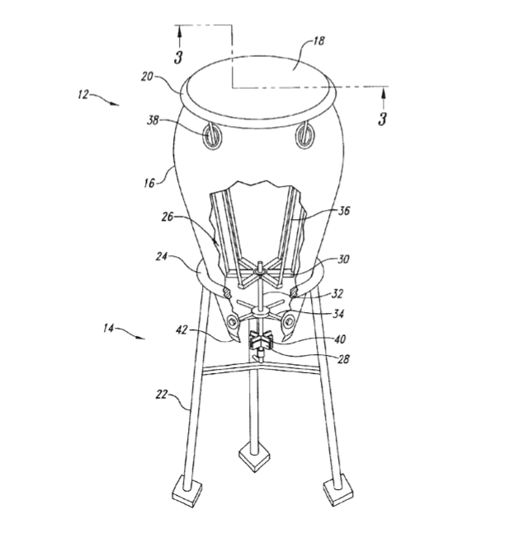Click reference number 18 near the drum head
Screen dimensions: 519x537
click(318, 41)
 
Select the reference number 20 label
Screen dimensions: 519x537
click(147, 77)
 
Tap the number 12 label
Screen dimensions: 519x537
click(83, 94)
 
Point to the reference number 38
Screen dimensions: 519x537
click(153, 120)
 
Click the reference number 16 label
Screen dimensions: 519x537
click(149, 183)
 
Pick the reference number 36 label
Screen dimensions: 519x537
click(344, 210)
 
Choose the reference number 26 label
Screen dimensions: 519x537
click(167, 217)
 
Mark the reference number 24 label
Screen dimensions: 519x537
click(161, 256)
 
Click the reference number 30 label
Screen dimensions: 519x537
click(343, 259)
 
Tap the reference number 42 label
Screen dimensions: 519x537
click(182, 329)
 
